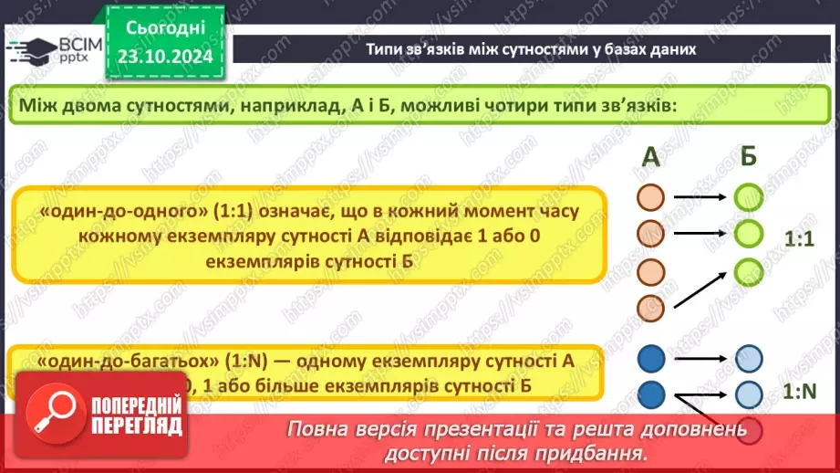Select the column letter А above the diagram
click(x=650, y=157)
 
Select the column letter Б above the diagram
click(x=748, y=157)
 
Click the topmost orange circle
click(x=650, y=196)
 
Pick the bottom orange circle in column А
click(x=650, y=308)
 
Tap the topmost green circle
click(x=748, y=196)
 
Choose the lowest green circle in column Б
click(x=748, y=270)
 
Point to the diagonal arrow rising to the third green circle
click(x=700, y=289)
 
